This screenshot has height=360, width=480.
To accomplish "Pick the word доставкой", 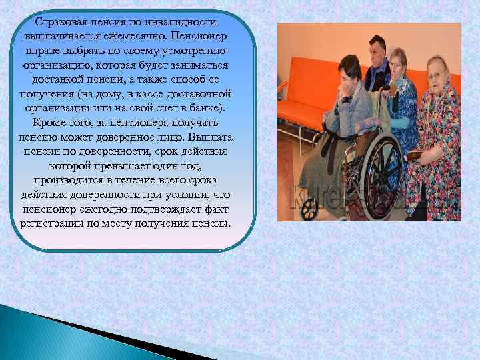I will [63, 80].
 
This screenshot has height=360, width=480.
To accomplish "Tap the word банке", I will [214, 109].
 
